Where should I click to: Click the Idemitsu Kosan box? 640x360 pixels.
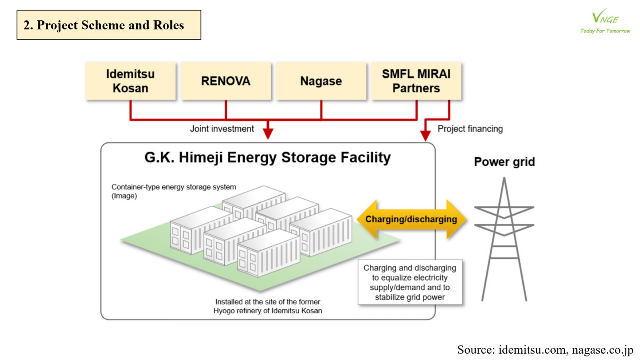(130, 81)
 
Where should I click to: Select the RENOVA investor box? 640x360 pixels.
(226, 81)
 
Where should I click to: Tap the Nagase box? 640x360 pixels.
(321, 81)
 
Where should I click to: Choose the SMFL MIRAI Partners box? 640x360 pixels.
(416, 81)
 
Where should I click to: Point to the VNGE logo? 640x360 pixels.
(605, 17)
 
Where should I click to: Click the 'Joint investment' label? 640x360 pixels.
(222, 129)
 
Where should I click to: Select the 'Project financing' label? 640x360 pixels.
(470, 129)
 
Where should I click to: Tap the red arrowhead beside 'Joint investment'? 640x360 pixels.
(268, 133)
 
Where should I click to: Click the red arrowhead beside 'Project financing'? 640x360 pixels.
(425, 136)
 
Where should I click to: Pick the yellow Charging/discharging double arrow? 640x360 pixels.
(411, 219)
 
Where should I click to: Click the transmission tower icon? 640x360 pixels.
(504, 240)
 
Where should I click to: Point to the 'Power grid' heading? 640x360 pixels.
(504, 162)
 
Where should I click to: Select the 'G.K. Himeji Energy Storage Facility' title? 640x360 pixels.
(268, 158)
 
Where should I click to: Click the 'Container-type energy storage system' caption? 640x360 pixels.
(174, 187)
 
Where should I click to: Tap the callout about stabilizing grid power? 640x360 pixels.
(410, 282)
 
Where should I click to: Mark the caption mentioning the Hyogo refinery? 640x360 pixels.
(268, 306)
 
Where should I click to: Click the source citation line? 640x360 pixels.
(545, 350)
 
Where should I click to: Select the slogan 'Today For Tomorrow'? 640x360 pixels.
(605, 31)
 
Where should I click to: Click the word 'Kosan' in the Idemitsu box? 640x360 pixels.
(130, 88)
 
